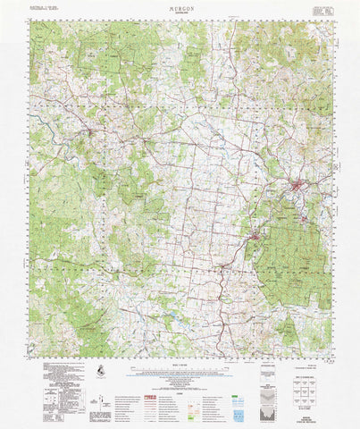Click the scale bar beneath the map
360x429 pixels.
179,367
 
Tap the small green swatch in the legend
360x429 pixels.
235,379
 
